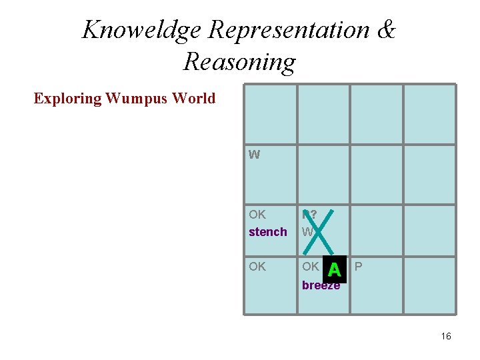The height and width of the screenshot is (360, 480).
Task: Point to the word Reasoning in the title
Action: pyautogui.click(x=239, y=61)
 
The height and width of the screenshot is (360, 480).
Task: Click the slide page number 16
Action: pyautogui.click(x=446, y=336)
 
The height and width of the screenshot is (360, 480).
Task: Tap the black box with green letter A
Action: pyautogui.click(x=334, y=269)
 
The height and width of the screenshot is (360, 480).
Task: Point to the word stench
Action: pyautogui.click(x=267, y=232)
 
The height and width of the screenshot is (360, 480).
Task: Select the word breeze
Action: pyautogui.click(x=321, y=285)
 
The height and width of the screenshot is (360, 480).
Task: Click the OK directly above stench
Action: pyautogui.click(x=257, y=215)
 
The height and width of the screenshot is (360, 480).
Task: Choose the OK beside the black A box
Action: pyautogui.click(x=310, y=267)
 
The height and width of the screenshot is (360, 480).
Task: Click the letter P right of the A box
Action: pyautogui.click(x=359, y=267)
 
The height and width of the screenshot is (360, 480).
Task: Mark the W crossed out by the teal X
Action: pyautogui.click(x=307, y=232)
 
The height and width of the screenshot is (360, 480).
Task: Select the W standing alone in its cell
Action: pyautogui.click(x=254, y=155)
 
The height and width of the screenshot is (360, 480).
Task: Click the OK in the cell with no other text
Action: pyautogui.click(x=257, y=267)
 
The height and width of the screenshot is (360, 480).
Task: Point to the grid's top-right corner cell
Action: pyautogui.click(x=429, y=114)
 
